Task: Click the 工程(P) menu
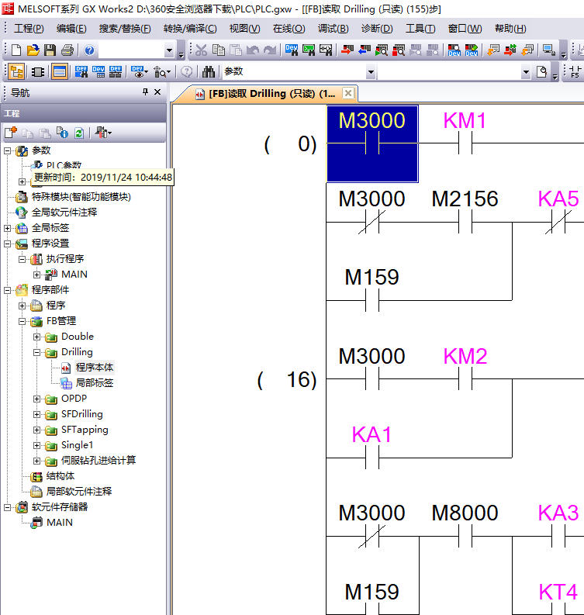[x=29, y=29]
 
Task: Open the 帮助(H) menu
[x=510, y=29]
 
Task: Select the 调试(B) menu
[x=333, y=29]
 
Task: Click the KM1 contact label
[x=465, y=121]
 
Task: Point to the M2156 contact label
[x=465, y=199]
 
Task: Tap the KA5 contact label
[x=558, y=199]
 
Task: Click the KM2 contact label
[x=465, y=357]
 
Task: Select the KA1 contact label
[x=372, y=435]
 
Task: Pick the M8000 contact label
[x=465, y=513]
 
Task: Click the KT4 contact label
[x=558, y=593]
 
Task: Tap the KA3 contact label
[x=558, y=513]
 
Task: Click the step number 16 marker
[x=298, y=380]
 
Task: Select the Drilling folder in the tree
[x=77, y=352]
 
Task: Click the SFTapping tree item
[x=85, y=430]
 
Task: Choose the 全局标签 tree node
[x=50, y=228]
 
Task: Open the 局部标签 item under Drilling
[x=94, y=383]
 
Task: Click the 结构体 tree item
[x=60, y=476]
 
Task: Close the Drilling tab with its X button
[x=348, y=93]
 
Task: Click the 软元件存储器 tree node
[x=59, y=507]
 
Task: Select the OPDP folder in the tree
[x=74, y=399]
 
